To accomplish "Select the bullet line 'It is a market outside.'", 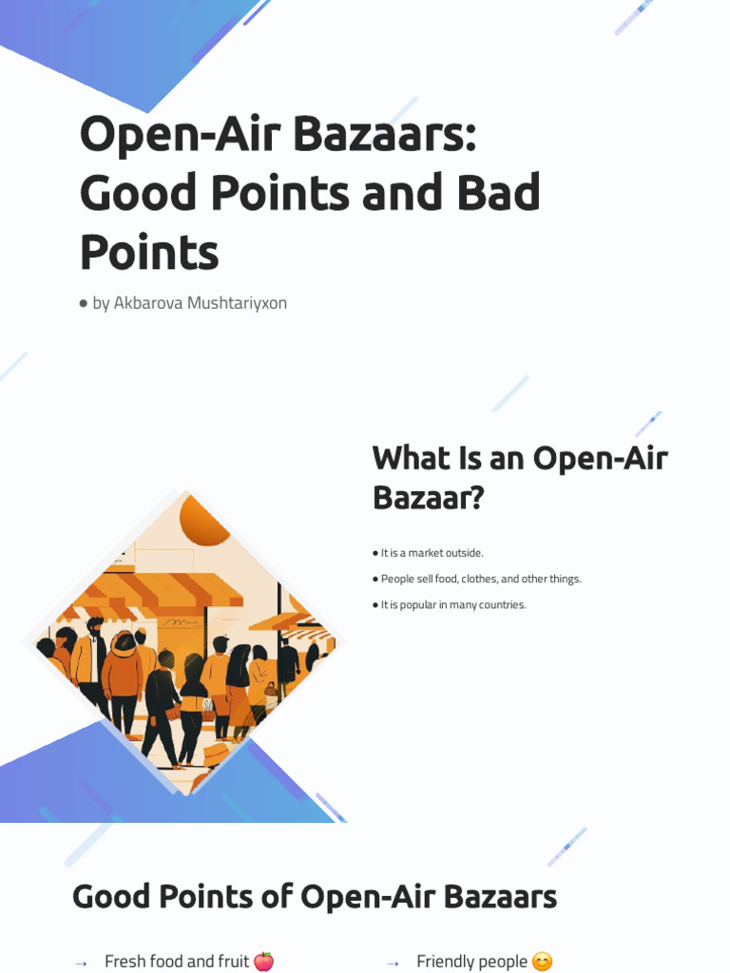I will click(429, 553).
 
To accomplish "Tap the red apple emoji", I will click(263, 962).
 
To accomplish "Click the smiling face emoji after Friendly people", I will click(542, 962).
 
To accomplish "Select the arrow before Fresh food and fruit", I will click(81, 963).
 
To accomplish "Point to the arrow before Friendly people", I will click(394, 963).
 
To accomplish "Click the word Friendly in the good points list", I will click(443, 962).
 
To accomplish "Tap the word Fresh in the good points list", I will click(125, 962).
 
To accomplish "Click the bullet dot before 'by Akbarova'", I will click(84, 304).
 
